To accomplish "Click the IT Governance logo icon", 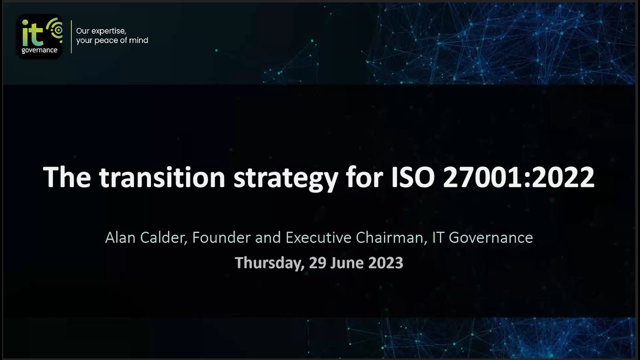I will [x=39, y=36].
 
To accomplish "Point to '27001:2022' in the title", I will [x=519, y=177].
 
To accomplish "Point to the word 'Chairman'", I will [x=391, y=237].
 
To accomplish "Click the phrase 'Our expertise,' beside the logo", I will [x=101, y=31].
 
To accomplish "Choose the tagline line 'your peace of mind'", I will [x=112, y=40].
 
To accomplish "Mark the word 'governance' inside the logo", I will [x=39, y=50].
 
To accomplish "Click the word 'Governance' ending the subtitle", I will [x=490, y=237].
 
